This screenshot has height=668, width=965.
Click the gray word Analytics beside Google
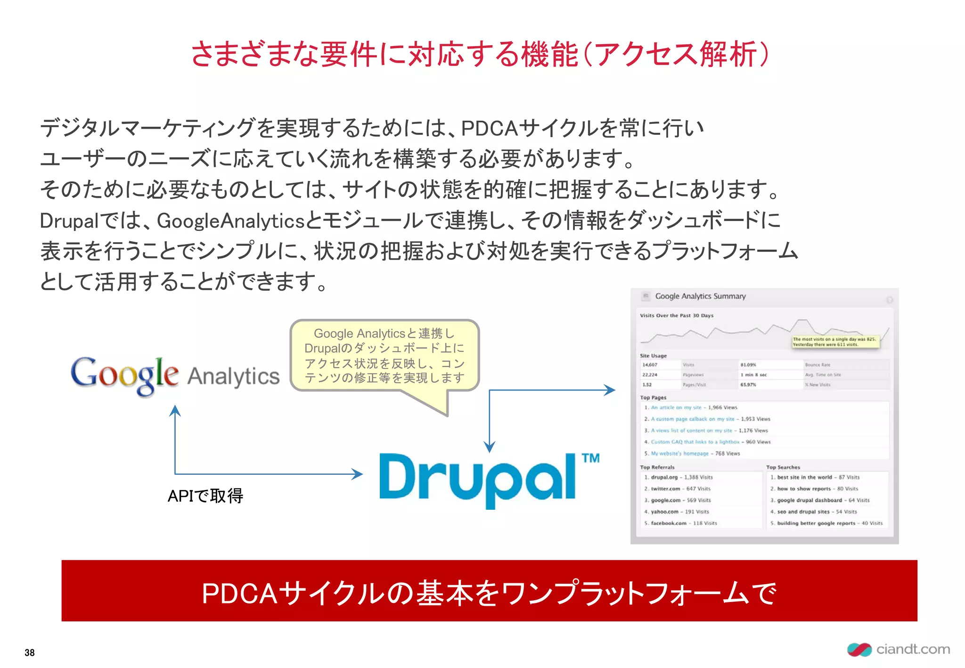point(233,376)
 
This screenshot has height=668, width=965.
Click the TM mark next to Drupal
point(590,458)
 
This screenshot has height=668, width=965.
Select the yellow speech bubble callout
point(384,356)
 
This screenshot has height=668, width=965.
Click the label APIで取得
point(205,496)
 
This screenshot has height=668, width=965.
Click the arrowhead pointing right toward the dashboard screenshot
point(610,390)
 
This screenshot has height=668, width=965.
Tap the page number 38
point(30,652)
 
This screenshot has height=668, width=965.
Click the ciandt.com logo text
point(913,649)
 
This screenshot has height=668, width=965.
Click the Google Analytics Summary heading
point(700,296)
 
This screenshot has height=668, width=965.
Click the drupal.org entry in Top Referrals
point(664,477)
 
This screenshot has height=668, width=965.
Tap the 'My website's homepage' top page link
point(679,453)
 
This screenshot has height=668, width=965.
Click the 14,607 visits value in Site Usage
point(650,365)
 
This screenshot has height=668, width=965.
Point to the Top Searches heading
point(783,467)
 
